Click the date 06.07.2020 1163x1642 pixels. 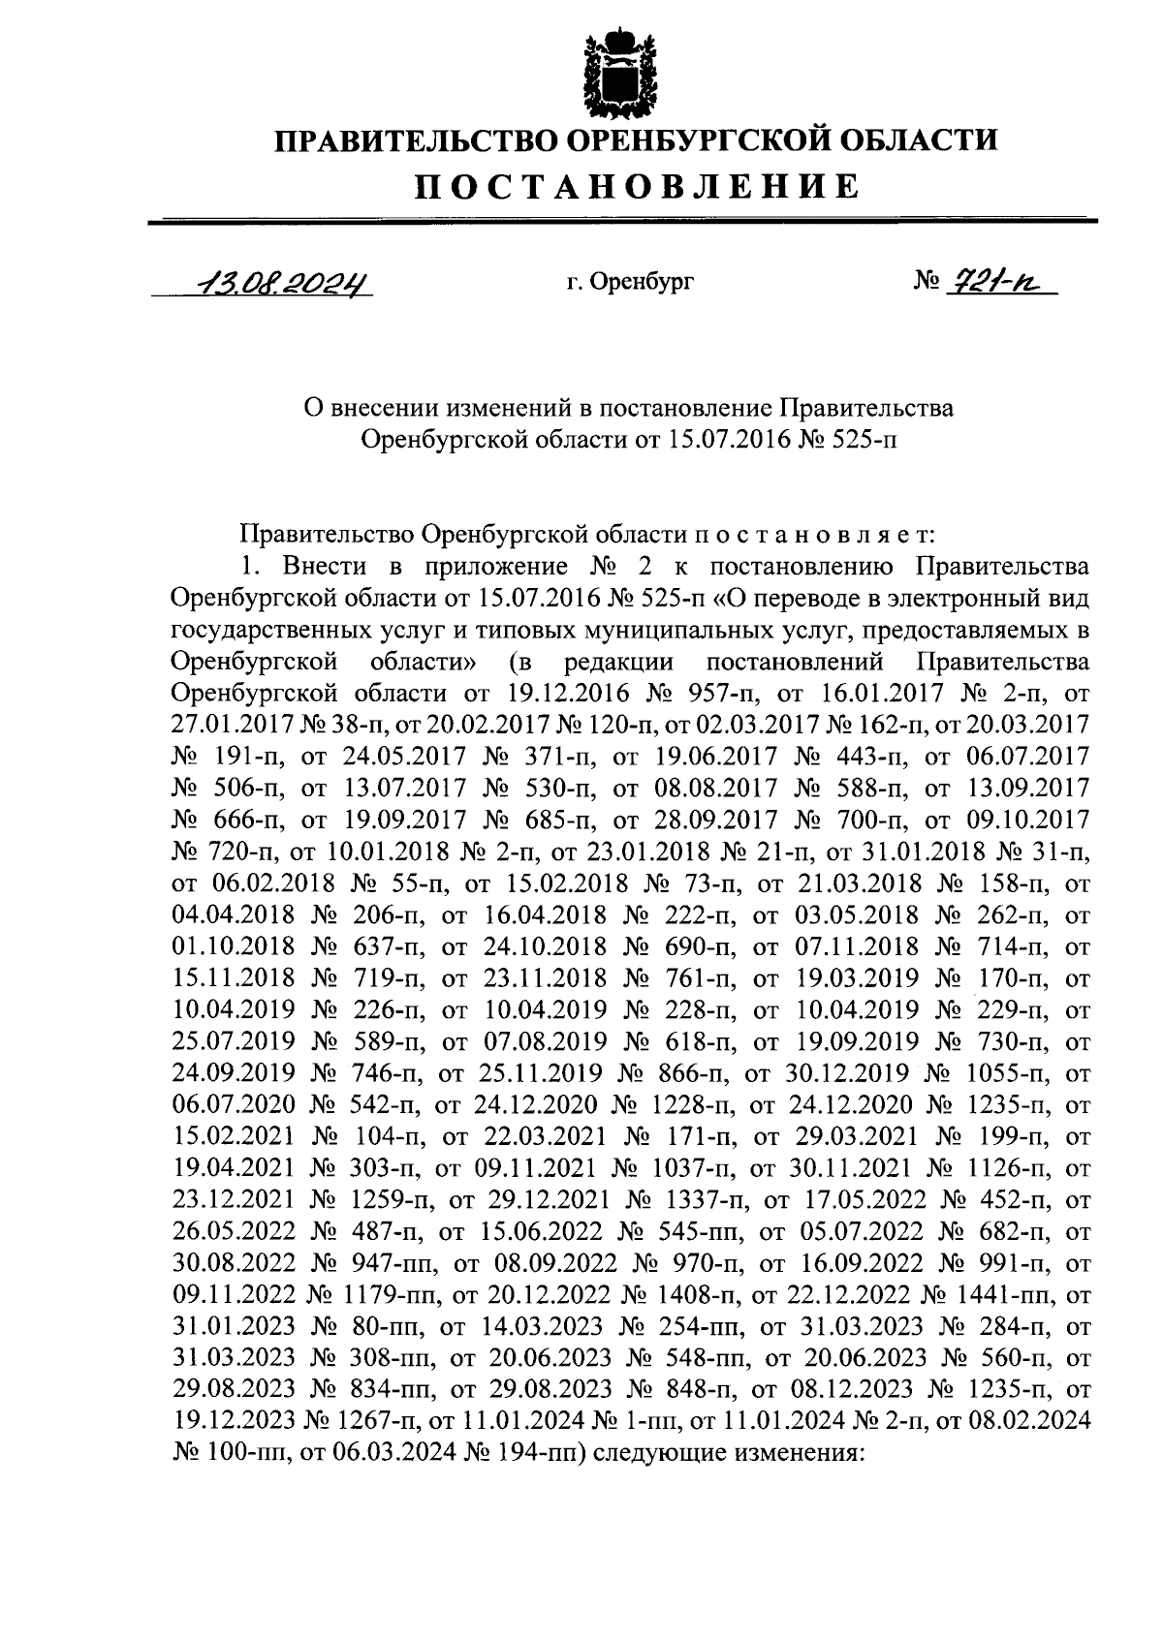233,1105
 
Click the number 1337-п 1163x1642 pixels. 700,1200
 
